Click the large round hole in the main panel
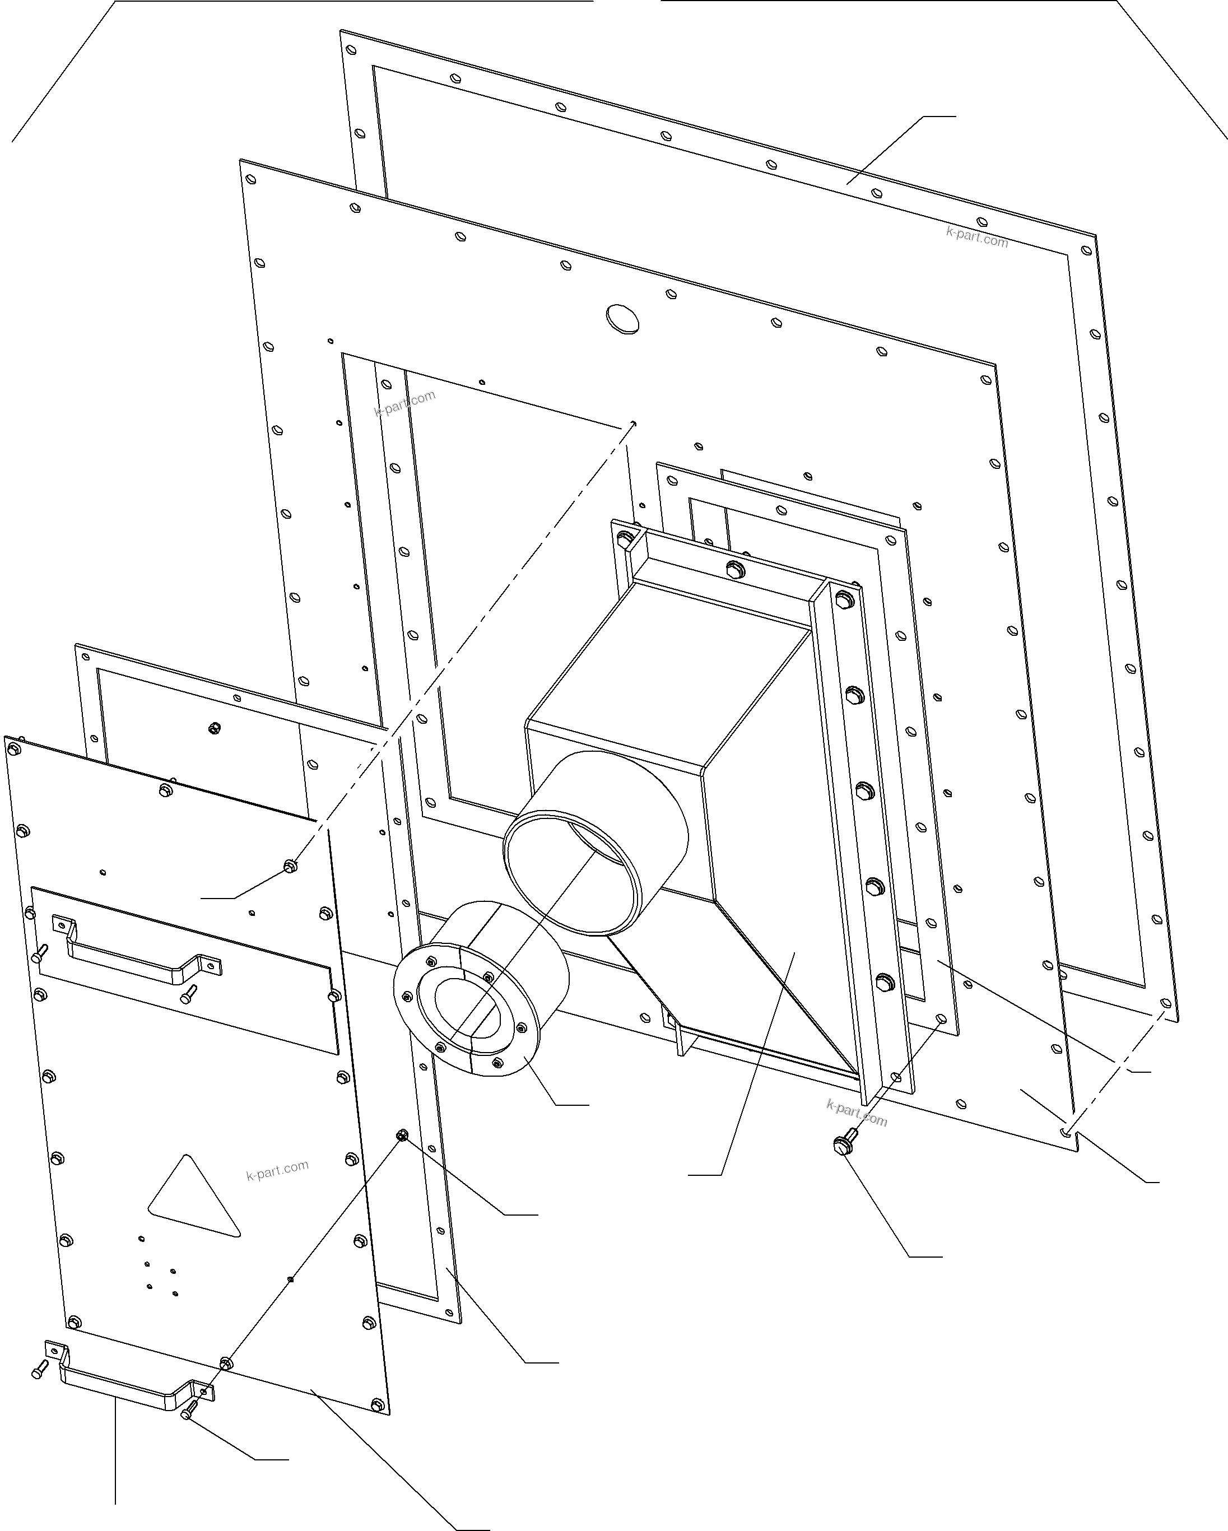(x=622, y=319)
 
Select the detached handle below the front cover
(x=128, y=1383)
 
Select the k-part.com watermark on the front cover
(x=277, y=1170)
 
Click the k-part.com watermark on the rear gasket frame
(x=976, y=237)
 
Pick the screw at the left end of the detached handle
(x=39, y=1369)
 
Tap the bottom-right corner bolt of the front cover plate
(x=377, y=1404)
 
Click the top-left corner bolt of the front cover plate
(x=13, y=748)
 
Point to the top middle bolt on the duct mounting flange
(x=734, y=568)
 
